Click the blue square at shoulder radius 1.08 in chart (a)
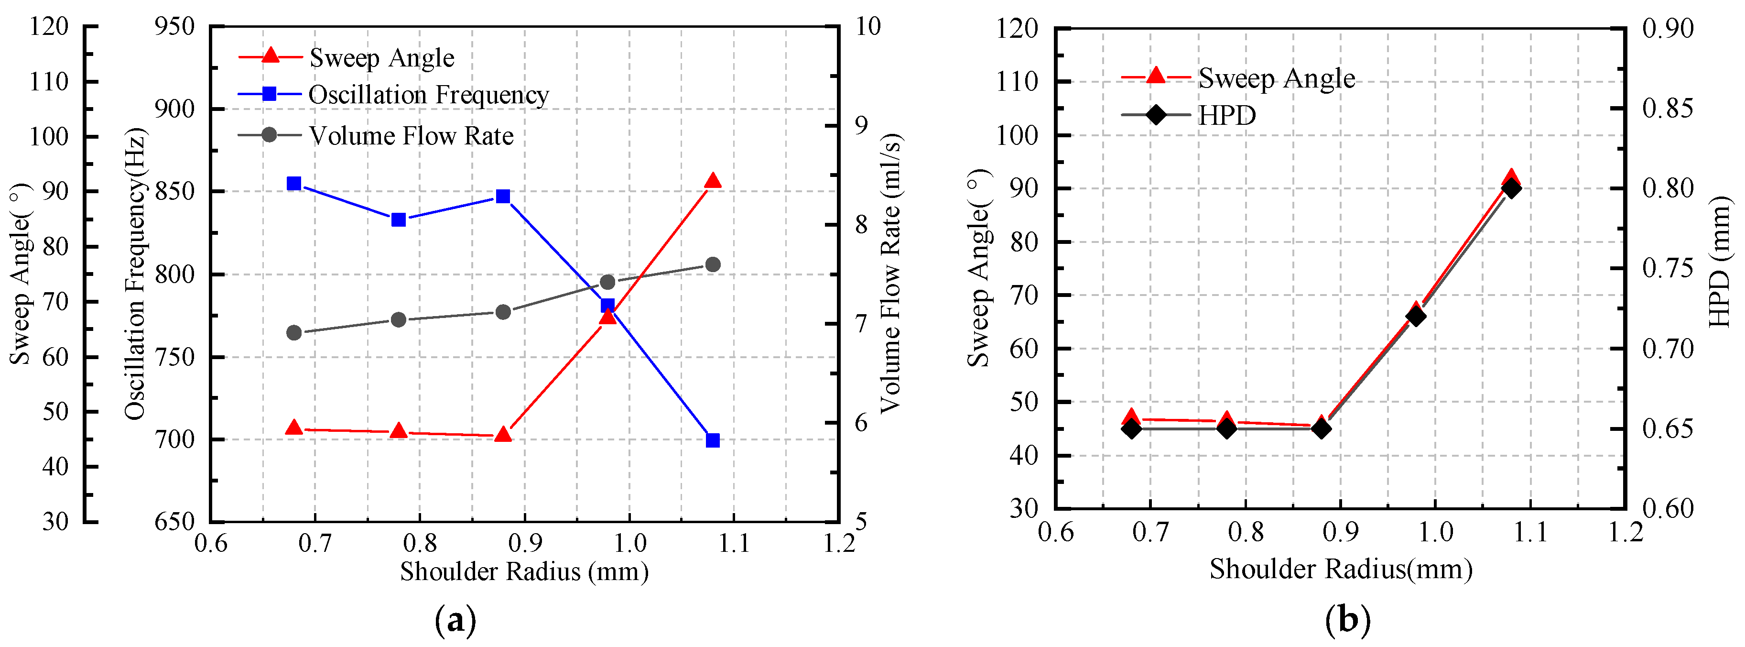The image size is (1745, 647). (713, 440)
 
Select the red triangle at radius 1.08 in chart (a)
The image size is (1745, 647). (713, 181)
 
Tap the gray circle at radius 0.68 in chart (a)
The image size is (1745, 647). (294, 333)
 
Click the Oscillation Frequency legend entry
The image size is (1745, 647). (428, 95)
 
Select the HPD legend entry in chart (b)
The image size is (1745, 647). (1226, 115)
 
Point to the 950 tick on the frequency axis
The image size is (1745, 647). (175, 27)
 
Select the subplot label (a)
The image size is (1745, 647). (455, 620)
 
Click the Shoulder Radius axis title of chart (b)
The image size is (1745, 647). (1341, 569)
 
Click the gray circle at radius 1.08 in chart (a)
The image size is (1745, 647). (713, 264)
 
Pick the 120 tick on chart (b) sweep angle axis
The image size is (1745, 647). (1016, 29)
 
